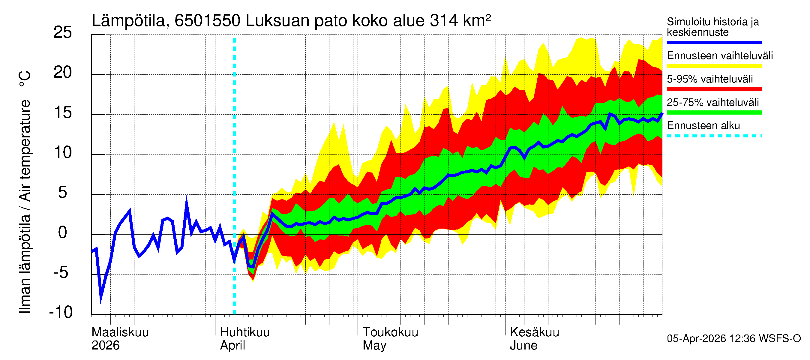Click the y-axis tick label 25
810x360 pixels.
coord(63,33)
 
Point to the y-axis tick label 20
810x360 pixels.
coord(63,73)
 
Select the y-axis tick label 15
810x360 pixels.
coord(63,112)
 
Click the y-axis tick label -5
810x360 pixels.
coord(61,272)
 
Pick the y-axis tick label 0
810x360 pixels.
coord(63,233)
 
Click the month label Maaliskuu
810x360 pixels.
coord(120,332)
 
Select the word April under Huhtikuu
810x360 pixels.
coord(232,345)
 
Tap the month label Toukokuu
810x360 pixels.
coord(390,332)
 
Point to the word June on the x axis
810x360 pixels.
coord(523,345)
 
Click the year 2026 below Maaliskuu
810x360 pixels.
coord(105,345)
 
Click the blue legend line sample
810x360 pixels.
coord(714,42)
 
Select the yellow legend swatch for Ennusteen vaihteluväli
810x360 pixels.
coord(714,66)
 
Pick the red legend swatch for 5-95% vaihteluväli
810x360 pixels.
coord(714,89)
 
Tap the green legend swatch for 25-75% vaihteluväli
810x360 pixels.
coord(714,112)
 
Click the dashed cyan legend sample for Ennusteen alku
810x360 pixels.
coord(714,136)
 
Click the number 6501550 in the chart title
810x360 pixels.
coord(207,21)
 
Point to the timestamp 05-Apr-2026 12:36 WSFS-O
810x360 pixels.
coord(733,338)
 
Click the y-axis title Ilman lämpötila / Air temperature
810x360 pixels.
coord(25,192)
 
